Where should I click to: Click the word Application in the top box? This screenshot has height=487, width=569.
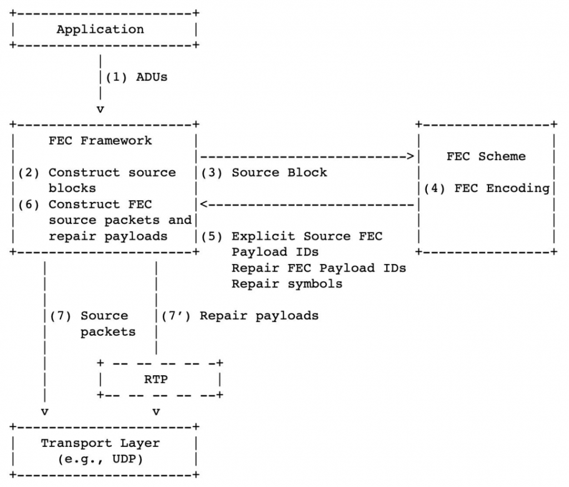[x=100, y=29]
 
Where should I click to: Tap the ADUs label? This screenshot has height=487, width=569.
[x=152, y=77]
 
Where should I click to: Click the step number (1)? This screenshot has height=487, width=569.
[x=117, y=77]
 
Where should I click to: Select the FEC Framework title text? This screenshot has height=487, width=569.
[x=100, y=141]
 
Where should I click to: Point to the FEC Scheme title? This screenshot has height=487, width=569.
[x=486, y=157]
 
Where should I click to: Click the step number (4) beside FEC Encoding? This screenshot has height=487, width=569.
[x=435, y=188]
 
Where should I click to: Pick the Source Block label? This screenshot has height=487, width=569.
[x=279, y=172]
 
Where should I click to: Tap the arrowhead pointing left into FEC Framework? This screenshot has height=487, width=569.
[x=204, y=205]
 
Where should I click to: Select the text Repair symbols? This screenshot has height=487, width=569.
[x=287, y=284]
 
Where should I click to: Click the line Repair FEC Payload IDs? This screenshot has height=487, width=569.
[x=319, y=268]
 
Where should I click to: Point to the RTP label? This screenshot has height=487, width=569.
[x=156, y=380]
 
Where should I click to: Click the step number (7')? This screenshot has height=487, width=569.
[x=176, y=316]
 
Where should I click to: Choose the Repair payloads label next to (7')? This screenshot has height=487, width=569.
[x=259, y=316]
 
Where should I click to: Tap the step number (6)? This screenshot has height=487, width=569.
[x=29, y=205]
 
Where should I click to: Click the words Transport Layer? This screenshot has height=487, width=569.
[x=100, y=443]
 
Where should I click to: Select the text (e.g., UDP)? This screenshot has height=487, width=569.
[x=100, y=459]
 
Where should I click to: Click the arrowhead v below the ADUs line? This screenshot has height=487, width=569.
[x=100, y=109]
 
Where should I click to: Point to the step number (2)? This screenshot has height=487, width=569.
[x=29, y=172]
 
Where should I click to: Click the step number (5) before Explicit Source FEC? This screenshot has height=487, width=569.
[x=212, y=236]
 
